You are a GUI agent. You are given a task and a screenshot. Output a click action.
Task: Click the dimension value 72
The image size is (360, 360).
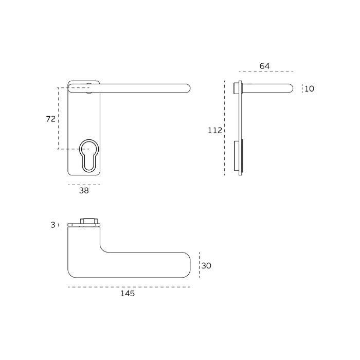coord(50,119)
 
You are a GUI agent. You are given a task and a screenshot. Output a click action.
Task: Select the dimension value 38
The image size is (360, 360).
coord(84,190)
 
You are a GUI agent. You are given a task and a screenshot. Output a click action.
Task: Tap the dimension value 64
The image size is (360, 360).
coord(264,66)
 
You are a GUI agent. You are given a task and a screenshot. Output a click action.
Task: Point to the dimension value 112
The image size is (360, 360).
coord(215,131)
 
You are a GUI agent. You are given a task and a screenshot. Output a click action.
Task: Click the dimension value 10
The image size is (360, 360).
coord(309,89)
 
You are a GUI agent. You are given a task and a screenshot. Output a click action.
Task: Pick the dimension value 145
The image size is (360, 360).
coord(128,294)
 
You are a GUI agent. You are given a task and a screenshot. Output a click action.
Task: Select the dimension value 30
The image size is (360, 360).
coord(206,266)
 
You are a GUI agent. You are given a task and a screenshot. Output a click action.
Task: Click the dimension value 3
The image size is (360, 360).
coord(53,225)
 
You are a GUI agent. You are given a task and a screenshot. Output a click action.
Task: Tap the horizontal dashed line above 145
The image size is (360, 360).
coord(129,287)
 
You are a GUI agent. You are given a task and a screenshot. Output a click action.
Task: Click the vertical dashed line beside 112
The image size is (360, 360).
coord(225,129)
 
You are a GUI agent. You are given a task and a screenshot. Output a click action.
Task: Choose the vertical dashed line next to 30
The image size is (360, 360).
coord(199,266)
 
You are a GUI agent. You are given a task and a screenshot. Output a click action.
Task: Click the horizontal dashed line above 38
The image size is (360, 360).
coord(84,184)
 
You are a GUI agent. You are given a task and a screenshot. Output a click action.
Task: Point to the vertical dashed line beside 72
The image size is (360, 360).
coord(58,119)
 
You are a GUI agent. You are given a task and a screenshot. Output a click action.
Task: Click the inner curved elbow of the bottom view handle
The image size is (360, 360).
coord(103,247)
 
